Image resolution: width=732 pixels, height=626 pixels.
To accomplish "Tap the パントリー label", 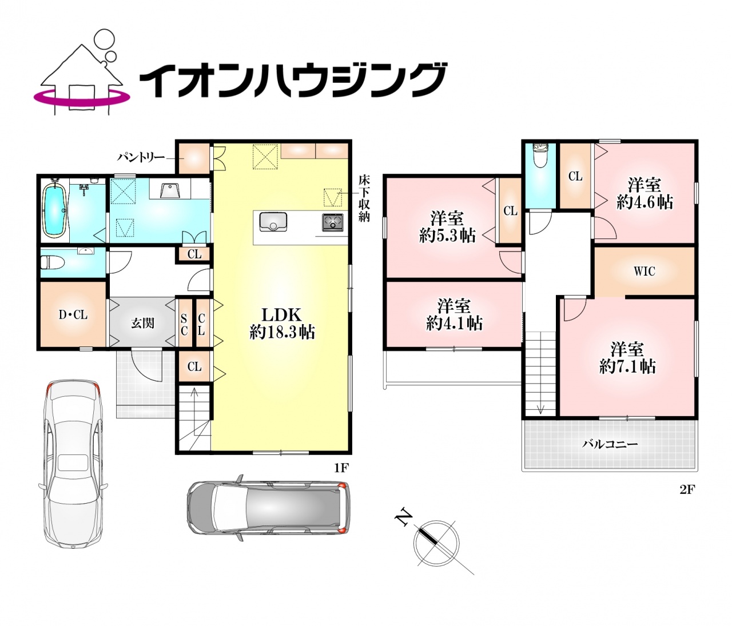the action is (x=141, y=157).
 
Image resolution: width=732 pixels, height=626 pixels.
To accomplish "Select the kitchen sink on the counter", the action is (x=273, y=221).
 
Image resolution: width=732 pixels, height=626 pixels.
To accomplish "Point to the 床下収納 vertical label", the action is (x=364, y=203).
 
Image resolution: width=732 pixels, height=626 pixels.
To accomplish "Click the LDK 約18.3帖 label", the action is (x=282, y=323).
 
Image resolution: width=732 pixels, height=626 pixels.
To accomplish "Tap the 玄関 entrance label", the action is (x=142, y=323).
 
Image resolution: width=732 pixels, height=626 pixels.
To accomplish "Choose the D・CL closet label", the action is (x=73, y=314).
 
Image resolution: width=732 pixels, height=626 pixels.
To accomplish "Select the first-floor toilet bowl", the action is (x=52, y=263).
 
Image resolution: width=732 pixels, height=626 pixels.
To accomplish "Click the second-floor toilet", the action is (x=540, y=156).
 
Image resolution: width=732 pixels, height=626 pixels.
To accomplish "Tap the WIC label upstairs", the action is (x=644, y=272).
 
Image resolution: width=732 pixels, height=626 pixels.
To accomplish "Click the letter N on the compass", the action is (x=403, y=519).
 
